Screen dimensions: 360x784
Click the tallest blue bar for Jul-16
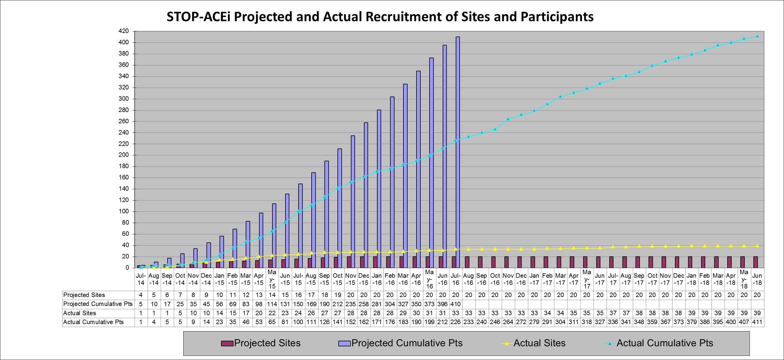(x=458, y=152)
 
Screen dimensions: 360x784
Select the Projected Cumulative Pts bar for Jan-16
(x=379, y=189)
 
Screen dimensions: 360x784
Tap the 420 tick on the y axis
(x=123, y=31)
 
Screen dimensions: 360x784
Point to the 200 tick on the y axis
(x=123, y=155)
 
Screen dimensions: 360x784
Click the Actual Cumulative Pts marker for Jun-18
(x=757, y=36)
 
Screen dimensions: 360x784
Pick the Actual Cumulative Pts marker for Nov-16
(x=508, y=119)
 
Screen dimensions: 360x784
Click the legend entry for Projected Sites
(x=261, y=343)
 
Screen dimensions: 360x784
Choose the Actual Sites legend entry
(x=533, y=343)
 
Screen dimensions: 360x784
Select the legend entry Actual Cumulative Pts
(x=659, y=343)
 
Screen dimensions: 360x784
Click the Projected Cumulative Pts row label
(x=98, y=304)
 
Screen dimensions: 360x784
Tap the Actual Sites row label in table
(x=79, y=313)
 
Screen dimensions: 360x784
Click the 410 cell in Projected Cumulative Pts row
(x=455, y=304)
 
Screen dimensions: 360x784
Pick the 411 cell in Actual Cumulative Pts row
(x=757, y=322)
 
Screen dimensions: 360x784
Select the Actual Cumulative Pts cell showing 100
(x=298, y=322)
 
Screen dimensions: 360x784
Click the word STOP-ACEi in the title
(x=198, y=17)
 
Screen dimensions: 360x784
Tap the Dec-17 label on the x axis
(x=679, y=279)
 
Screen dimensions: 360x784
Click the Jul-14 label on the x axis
(x=141, y=279)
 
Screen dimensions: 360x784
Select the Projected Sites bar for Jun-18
(x=755, y=262)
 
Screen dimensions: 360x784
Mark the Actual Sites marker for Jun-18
(x=757, y=246)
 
